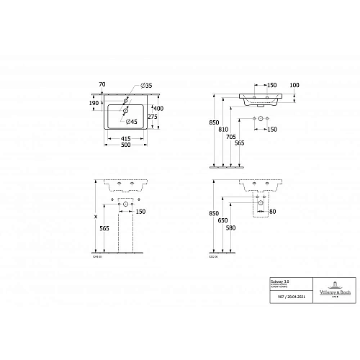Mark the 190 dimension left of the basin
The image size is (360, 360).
(94, 104)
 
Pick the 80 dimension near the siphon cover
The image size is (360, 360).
(271, 212)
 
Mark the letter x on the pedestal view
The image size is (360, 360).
(96, 215)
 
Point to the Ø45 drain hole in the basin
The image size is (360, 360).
(125, 112)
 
